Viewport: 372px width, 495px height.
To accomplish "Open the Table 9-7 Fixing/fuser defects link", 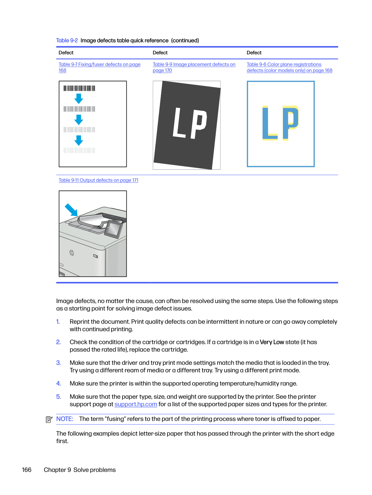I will [x=99, y=64].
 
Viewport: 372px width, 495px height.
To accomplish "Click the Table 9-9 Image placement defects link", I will [x=194, y=64].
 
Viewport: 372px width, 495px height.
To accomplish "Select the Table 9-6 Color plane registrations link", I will [x=284, y=64].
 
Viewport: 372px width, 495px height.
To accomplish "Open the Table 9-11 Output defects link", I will [x=98, y=180].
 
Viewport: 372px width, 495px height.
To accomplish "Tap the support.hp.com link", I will [x=136, y=404].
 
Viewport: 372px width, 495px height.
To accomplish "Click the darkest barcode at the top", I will [x=79, y=88].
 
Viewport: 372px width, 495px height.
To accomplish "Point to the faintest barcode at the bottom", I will [x=79, y=150].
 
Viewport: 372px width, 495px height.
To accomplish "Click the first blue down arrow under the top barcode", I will [x=79, y=99].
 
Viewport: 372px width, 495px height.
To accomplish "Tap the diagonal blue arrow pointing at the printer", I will [x=71, y=210].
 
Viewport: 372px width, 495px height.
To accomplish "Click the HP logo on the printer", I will [x=72, y=253].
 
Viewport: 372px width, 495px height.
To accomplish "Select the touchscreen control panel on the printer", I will [x=113, y=229].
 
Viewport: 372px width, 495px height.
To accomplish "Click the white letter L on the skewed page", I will [x=180, y=123].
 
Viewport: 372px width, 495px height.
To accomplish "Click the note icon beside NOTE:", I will [x=49, y=419].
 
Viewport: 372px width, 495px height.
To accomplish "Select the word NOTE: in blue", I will [x=65, y=419].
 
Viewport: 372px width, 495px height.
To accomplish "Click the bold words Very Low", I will [x=272, y=342].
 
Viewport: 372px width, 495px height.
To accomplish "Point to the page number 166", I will [x=27, y=470].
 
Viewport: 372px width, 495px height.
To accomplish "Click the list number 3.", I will [x=58, y=363].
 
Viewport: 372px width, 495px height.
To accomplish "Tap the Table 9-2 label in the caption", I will [x=67, y=41].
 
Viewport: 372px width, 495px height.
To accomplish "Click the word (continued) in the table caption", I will [x=185, y=41].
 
